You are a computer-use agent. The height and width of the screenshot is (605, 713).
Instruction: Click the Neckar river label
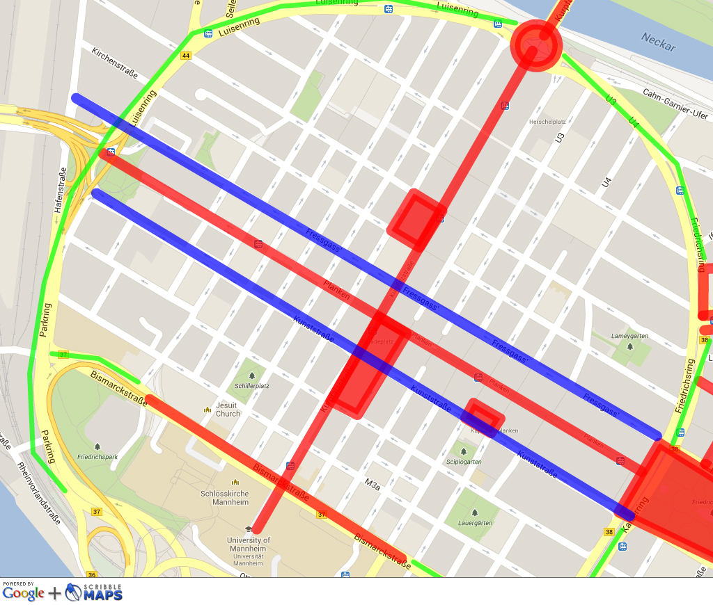point(658,42)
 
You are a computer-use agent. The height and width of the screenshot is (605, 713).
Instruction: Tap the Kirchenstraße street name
point(115,63)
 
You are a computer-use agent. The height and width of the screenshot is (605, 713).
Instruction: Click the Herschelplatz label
point(547,122)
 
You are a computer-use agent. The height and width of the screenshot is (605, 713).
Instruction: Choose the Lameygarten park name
point(629,336)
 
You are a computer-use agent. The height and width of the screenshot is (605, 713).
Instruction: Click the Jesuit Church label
point(228,410)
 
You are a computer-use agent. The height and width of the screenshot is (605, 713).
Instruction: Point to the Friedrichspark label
point(97,457)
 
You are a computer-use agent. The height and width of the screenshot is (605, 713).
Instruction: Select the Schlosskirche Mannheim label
point(234,497)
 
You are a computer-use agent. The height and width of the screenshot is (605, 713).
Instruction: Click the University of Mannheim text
point(249,544)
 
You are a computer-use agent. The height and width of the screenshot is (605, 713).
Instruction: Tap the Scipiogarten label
point(464,461)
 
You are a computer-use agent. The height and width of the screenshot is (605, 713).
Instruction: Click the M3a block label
point(373,481)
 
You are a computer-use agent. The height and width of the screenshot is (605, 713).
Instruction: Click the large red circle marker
point(535,45)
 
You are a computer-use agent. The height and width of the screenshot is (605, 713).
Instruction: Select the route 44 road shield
point(185,56)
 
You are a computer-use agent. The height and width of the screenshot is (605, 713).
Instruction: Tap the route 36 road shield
point(92,575)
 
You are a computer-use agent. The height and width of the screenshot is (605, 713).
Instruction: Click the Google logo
point(24,593)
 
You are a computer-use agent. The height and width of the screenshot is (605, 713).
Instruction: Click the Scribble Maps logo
point(95,592)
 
